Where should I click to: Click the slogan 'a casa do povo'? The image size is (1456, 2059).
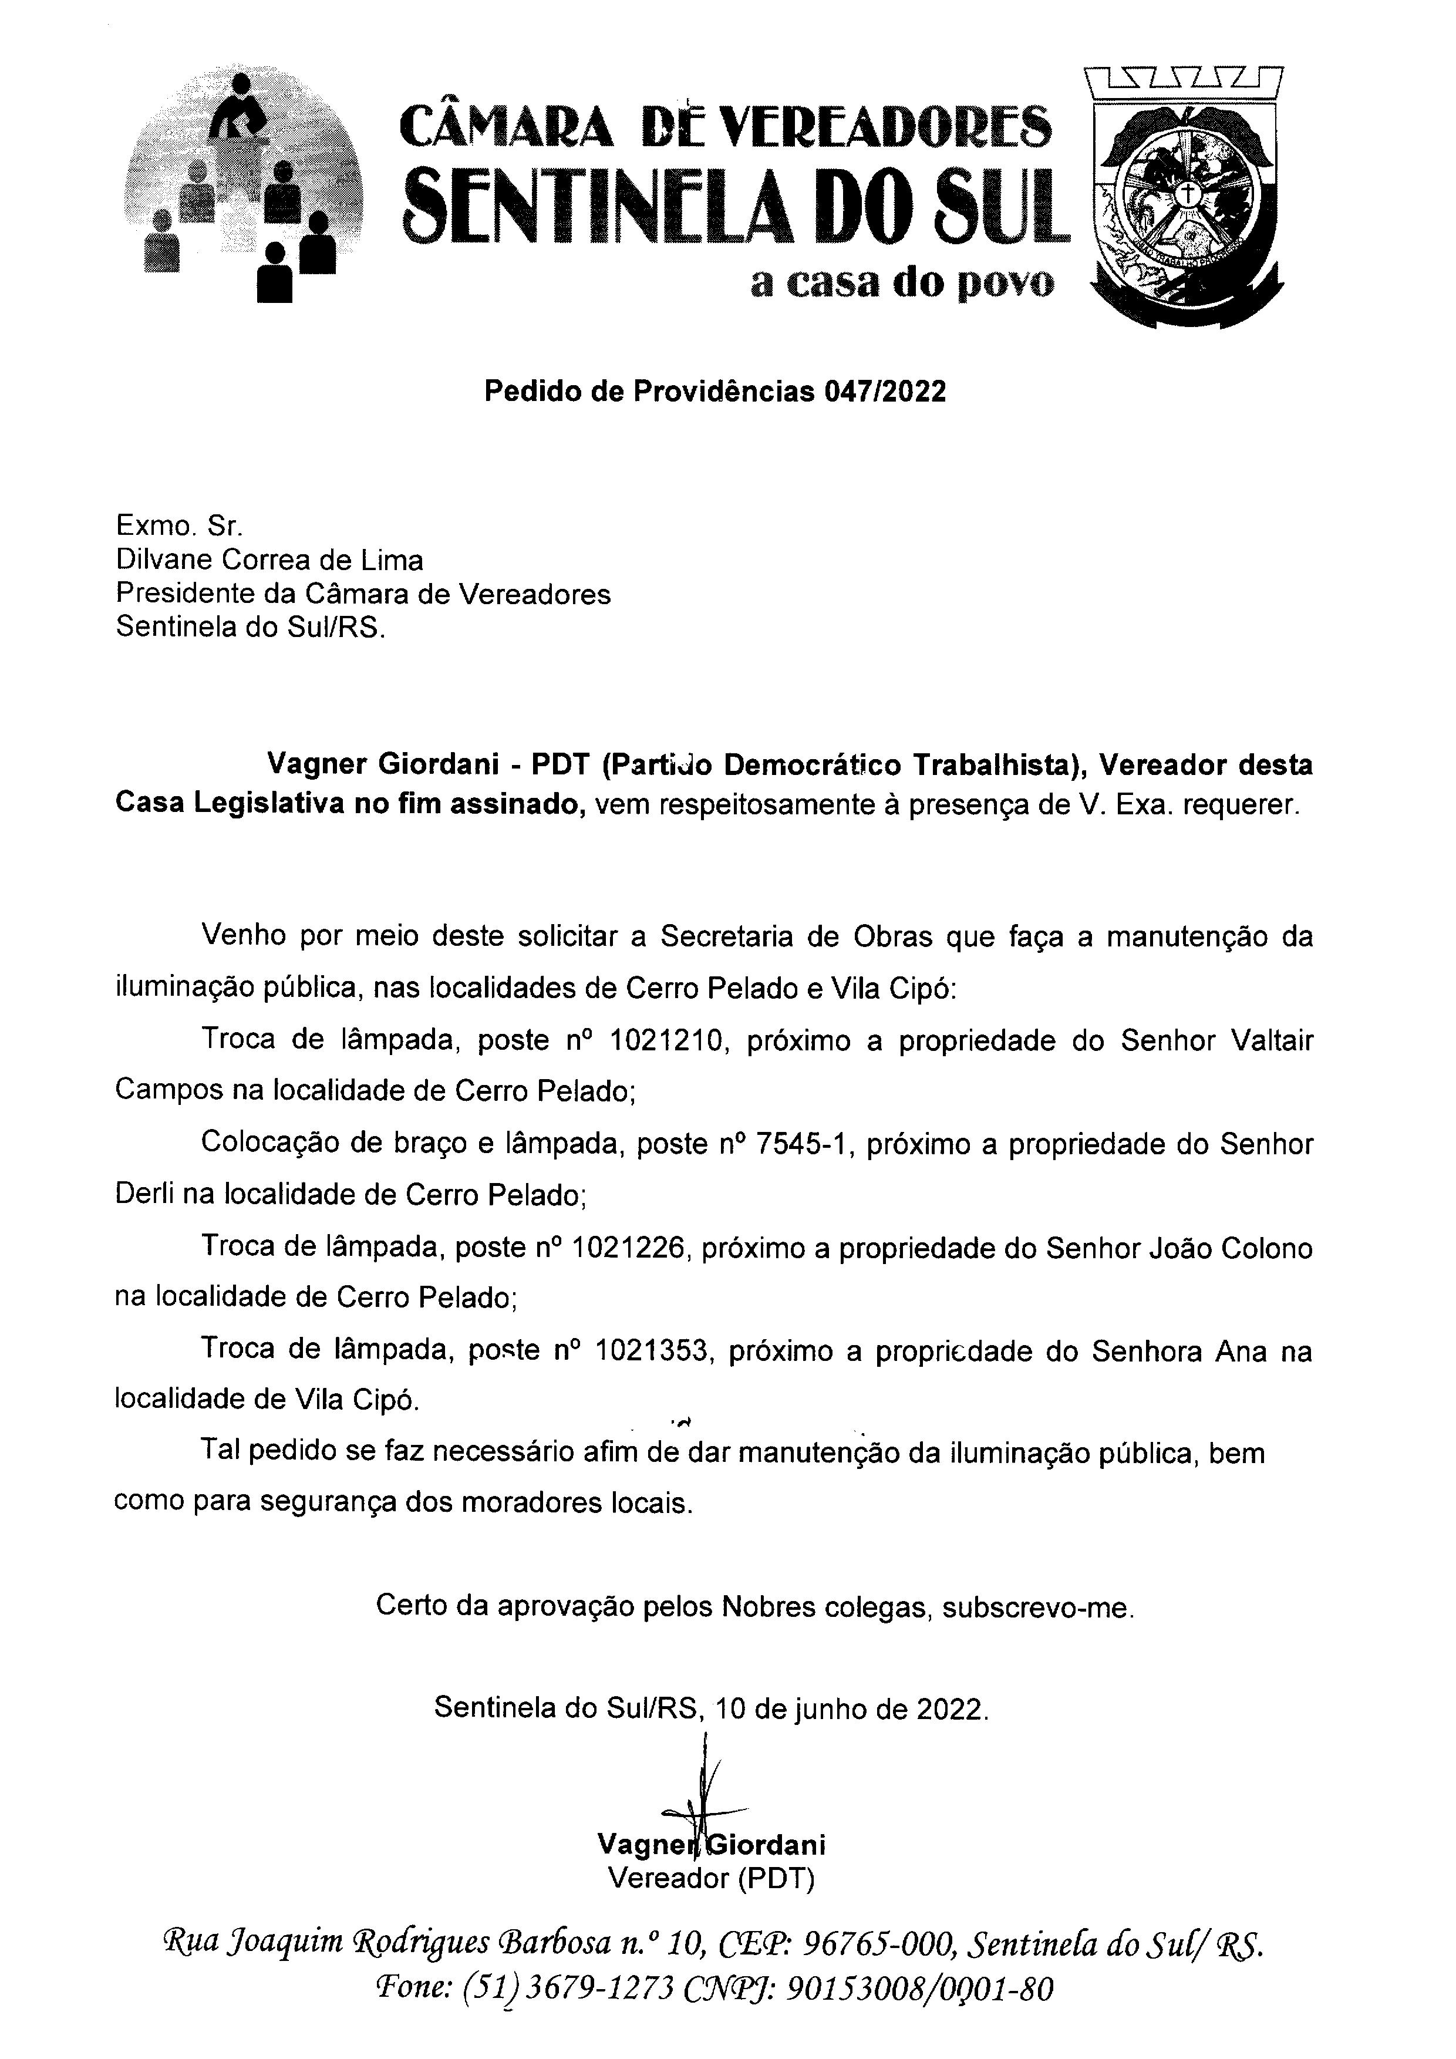point(902,284)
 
